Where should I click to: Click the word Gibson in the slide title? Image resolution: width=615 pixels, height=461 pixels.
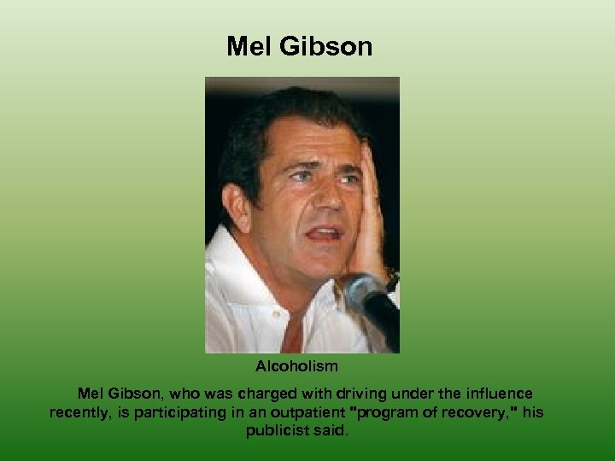[330, 46]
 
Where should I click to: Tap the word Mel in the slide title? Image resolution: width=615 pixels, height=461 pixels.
[249, 46]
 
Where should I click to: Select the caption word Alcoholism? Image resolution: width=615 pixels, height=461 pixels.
[296, 366]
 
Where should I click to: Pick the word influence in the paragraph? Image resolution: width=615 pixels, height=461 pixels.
[495, 394]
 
